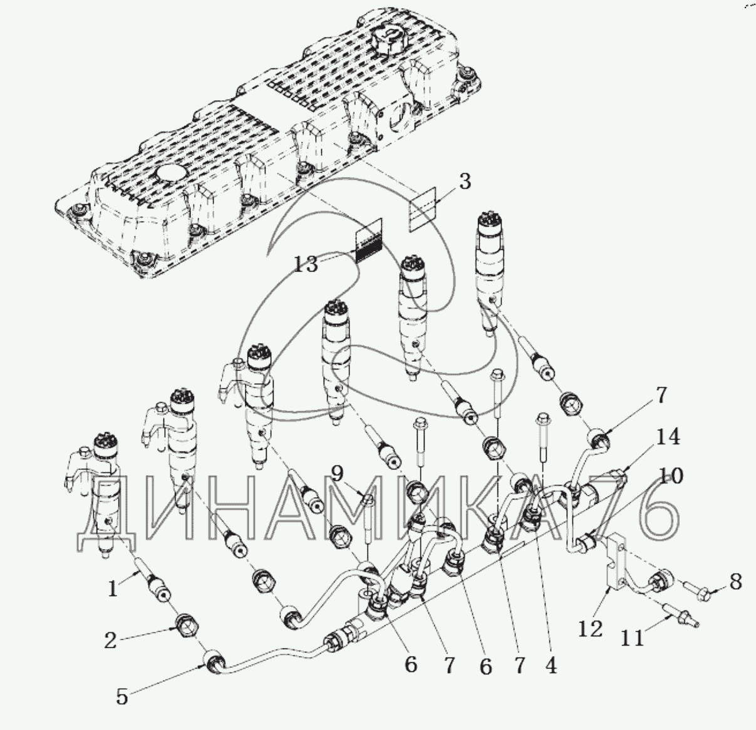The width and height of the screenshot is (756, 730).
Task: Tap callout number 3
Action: pos(465,182)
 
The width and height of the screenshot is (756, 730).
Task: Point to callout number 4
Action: pos(551,665)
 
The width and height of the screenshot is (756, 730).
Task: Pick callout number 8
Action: pos(736,582)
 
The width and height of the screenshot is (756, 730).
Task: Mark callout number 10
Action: pos(671,476)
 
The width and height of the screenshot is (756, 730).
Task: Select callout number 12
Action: pos(591,629)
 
